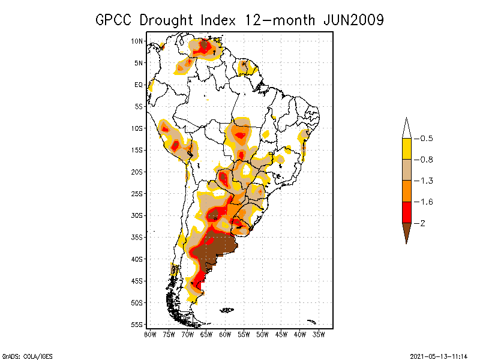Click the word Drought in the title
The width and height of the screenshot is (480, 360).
click(x=170, y=20)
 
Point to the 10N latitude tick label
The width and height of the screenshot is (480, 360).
click(x=137, y=41)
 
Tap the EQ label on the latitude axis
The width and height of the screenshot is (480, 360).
click(x=139, y=85)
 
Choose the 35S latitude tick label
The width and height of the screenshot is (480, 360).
click(x=137, y=237)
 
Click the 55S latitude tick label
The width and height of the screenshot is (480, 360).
click(x=137, y=324)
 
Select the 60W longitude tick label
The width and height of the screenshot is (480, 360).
click(x=225, y=334)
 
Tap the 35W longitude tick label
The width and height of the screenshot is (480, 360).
click(x=319, y=334)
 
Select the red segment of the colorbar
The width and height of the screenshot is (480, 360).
click(x=406, y=212)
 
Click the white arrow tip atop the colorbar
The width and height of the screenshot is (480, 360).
click(x=406, y=128)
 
